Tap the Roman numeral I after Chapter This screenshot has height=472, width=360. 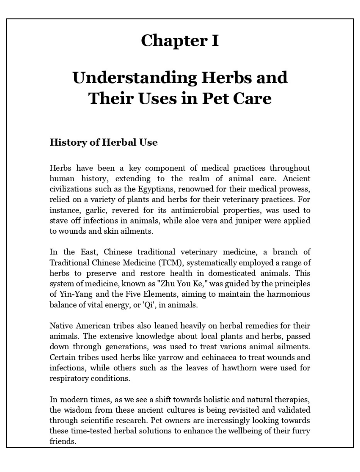pos(215,40)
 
